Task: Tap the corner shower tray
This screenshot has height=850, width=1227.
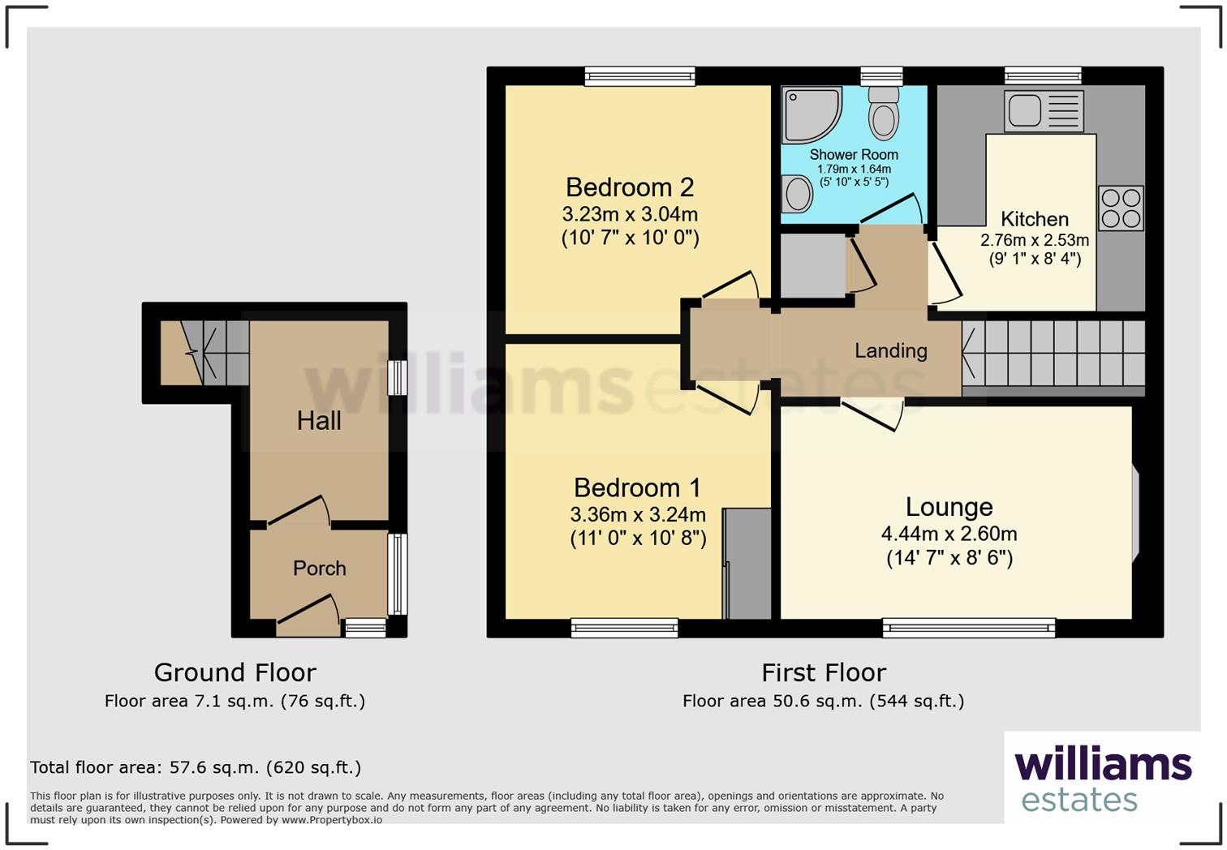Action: point(810,114)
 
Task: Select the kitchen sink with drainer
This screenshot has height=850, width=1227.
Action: point(1043,111)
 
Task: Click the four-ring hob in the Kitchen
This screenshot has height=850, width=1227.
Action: point(1121,208)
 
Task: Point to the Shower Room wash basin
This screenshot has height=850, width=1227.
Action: point(798,195)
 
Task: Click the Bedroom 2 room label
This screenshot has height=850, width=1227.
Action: point(630,187)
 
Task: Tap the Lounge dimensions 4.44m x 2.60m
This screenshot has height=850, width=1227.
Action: point(949,534)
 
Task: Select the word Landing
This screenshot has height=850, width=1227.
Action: point(890,350)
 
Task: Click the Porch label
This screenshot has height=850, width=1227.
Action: point(319,569)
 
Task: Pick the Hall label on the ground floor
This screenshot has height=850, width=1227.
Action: point(319,421)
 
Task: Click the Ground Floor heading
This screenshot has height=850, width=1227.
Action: point(235,672)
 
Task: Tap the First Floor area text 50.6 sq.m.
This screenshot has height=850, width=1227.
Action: point(823,701)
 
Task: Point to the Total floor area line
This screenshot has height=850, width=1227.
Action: point(196,767)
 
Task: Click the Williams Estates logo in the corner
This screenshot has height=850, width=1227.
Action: point(1102,779)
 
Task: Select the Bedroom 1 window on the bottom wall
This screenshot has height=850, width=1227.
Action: point(624,628)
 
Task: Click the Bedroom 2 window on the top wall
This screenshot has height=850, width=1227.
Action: point(640,76)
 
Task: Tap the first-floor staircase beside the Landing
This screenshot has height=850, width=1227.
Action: point(1053,353)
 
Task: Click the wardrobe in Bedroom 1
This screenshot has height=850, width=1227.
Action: point(747,564)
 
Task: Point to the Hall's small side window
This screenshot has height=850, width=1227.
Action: point(397,378)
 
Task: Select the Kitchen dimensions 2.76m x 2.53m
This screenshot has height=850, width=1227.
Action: point(1034,240)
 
